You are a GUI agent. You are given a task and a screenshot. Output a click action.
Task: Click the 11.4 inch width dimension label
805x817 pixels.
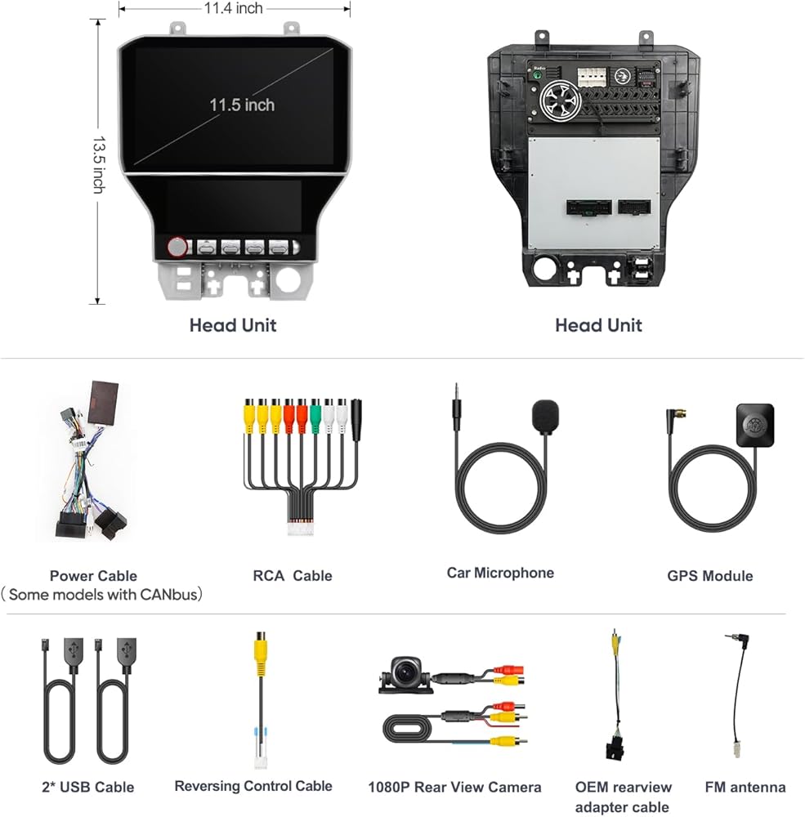234,8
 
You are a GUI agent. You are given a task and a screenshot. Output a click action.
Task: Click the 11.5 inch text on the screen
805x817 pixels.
242,105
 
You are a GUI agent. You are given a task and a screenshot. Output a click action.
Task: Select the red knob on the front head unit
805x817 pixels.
177,247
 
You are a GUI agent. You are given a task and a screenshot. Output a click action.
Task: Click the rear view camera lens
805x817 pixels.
405,673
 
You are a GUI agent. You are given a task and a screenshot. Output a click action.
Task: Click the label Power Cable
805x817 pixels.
93,576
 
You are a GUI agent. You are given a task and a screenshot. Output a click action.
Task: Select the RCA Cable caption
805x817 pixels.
293,576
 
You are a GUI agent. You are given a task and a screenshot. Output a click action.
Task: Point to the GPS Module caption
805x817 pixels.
709,576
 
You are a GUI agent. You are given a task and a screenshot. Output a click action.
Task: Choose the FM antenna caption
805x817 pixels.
745,788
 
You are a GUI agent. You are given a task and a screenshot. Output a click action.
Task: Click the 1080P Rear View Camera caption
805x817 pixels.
454,788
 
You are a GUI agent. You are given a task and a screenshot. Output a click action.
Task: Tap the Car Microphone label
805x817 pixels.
500,573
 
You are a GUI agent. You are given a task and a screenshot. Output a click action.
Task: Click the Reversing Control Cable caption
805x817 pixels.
253,786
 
